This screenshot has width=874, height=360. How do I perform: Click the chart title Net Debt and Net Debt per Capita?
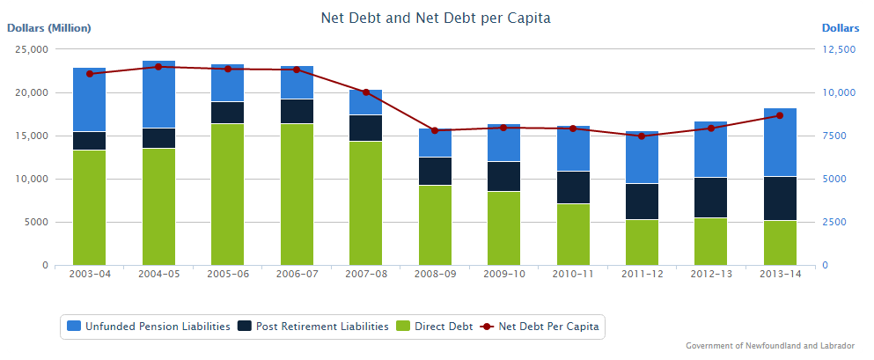click(437, 18)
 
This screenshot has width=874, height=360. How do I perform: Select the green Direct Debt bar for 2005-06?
click(228, 194)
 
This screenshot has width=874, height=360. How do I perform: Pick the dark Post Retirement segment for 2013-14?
click(780, 198)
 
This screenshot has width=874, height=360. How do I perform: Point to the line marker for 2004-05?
click(158, 66)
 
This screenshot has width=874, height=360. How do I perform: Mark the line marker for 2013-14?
click(780, 115)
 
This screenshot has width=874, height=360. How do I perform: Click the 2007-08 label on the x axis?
click(366, 274)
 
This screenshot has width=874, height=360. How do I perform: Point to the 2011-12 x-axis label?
click(642, 274)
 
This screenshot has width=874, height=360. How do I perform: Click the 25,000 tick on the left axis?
click(33, 49)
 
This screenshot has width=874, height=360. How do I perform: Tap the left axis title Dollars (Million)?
click(49, 28)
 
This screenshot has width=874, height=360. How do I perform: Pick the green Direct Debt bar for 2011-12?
click(642, 242)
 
